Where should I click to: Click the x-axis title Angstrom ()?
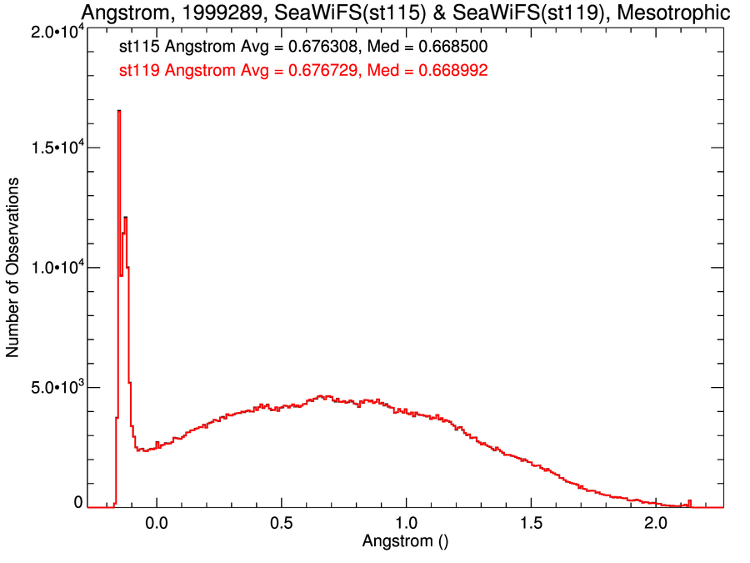click(405, 540)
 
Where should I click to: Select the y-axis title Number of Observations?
click(13, 268)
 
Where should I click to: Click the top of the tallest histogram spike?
click(118, 111)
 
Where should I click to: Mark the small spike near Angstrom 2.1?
click(689, 501)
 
